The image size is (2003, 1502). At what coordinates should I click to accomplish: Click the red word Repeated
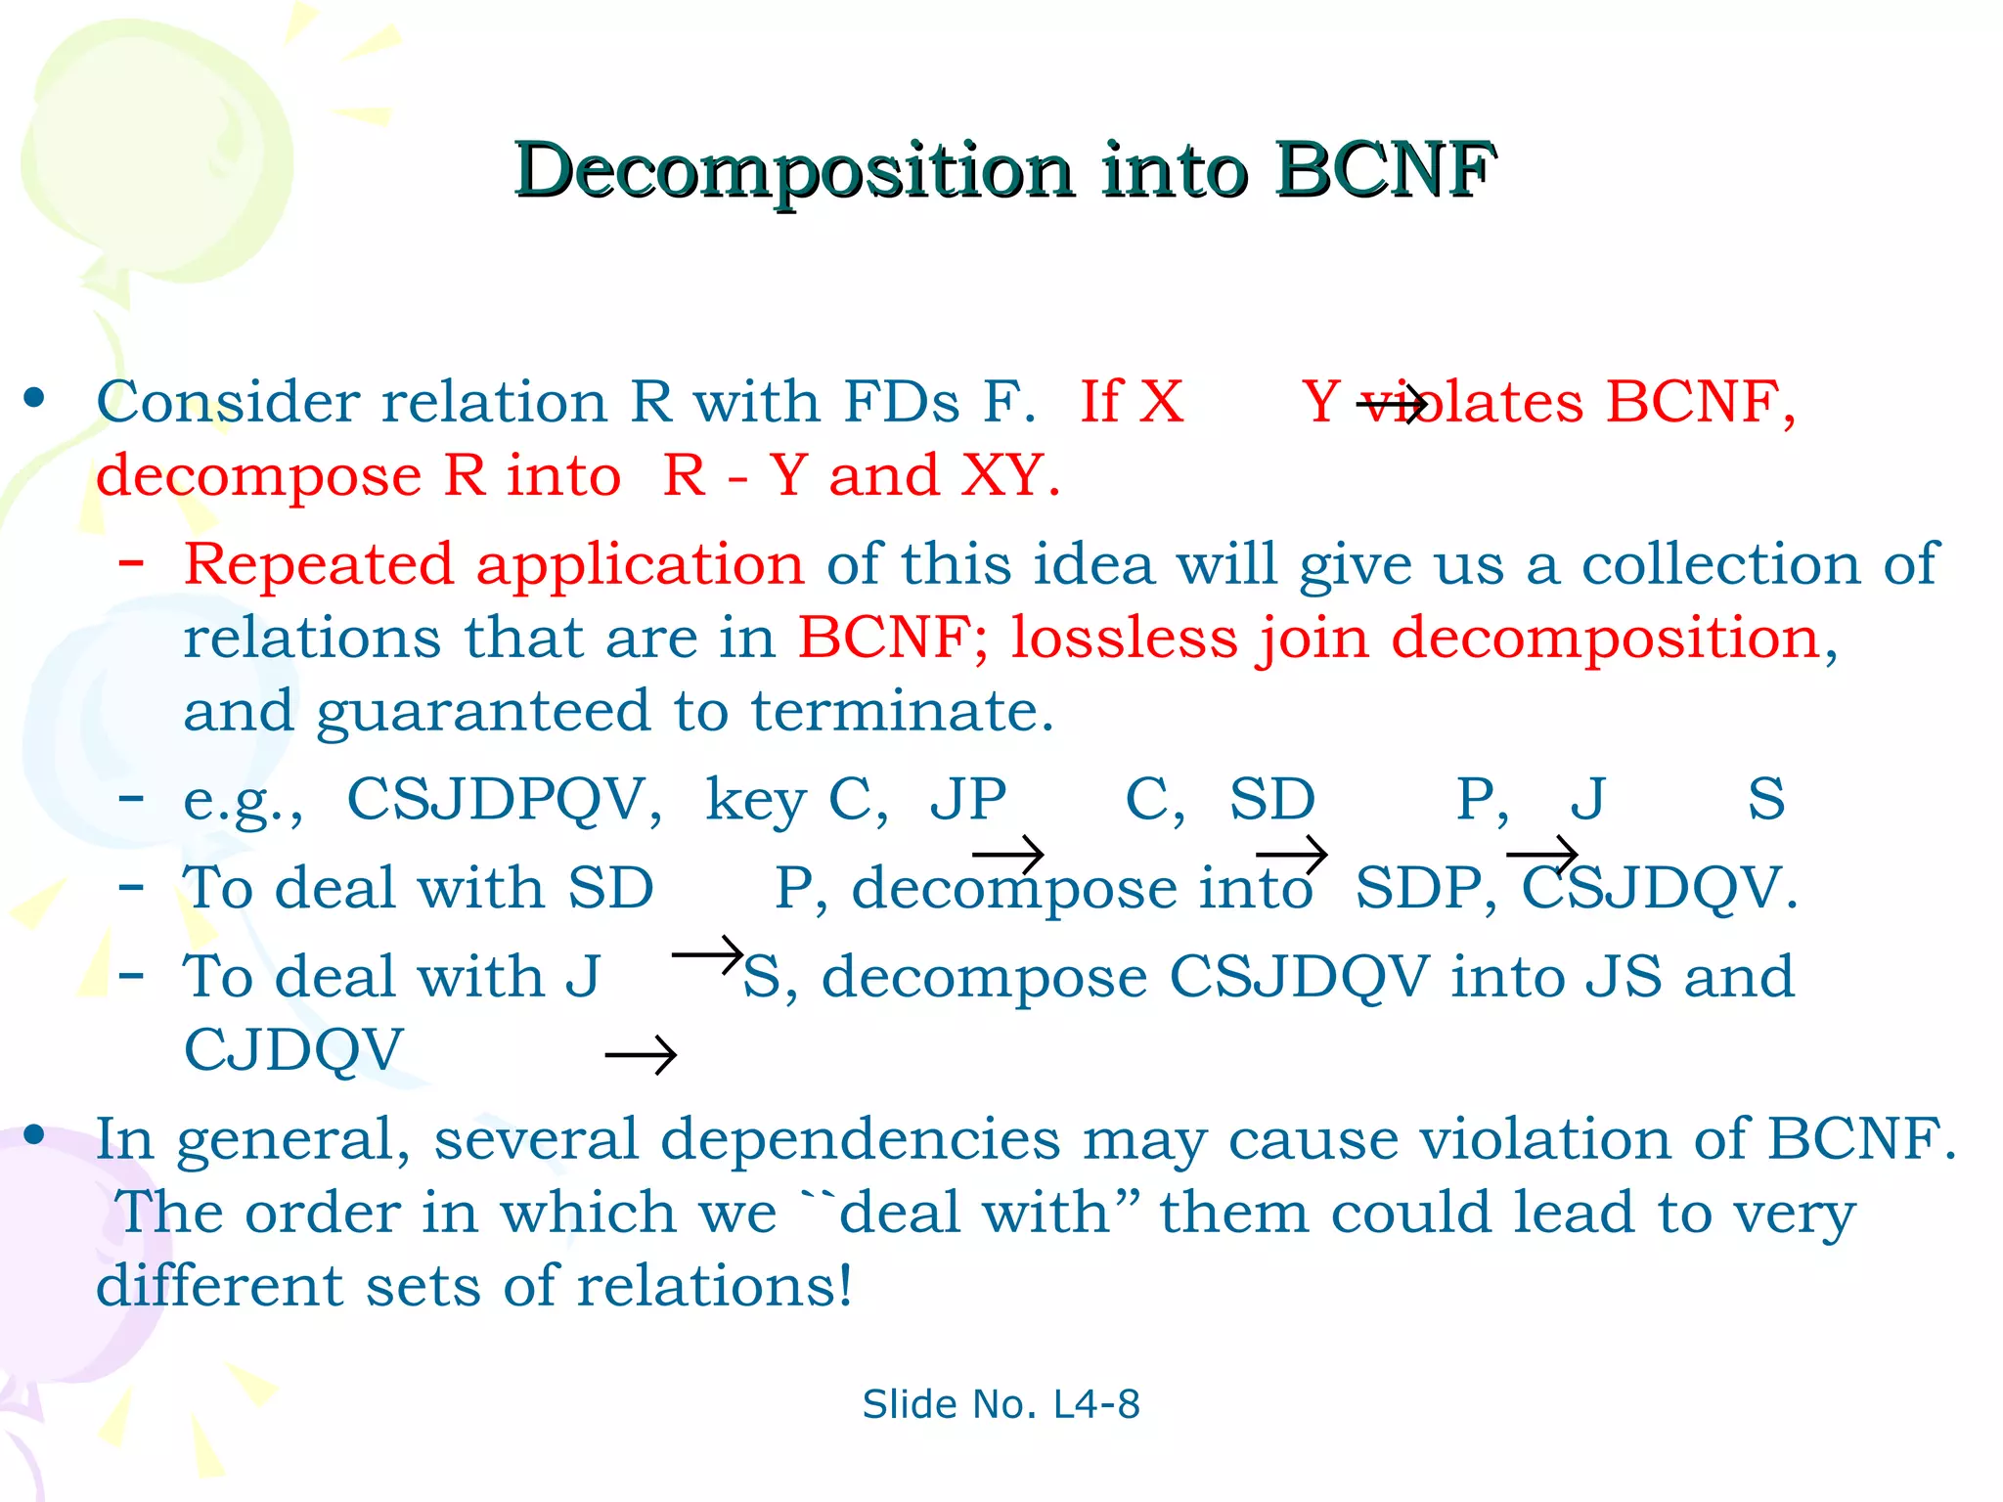coord(319,564)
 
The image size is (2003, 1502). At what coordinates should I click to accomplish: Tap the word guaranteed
coord(482,713)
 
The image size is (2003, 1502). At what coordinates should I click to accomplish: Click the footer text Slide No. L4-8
coord(1001,1404)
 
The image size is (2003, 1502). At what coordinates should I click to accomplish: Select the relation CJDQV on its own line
coord(293,1050)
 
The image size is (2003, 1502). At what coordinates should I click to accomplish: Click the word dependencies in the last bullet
coord(860,1140)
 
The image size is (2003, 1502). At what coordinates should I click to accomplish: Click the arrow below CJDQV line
coord(641,1055)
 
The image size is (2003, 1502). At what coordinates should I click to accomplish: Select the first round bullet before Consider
coord(35,398)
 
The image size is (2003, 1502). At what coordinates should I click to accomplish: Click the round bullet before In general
coord(35,1134)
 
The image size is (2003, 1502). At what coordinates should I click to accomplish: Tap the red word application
coord(640,566)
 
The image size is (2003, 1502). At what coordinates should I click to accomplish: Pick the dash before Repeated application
coord(131,563)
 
